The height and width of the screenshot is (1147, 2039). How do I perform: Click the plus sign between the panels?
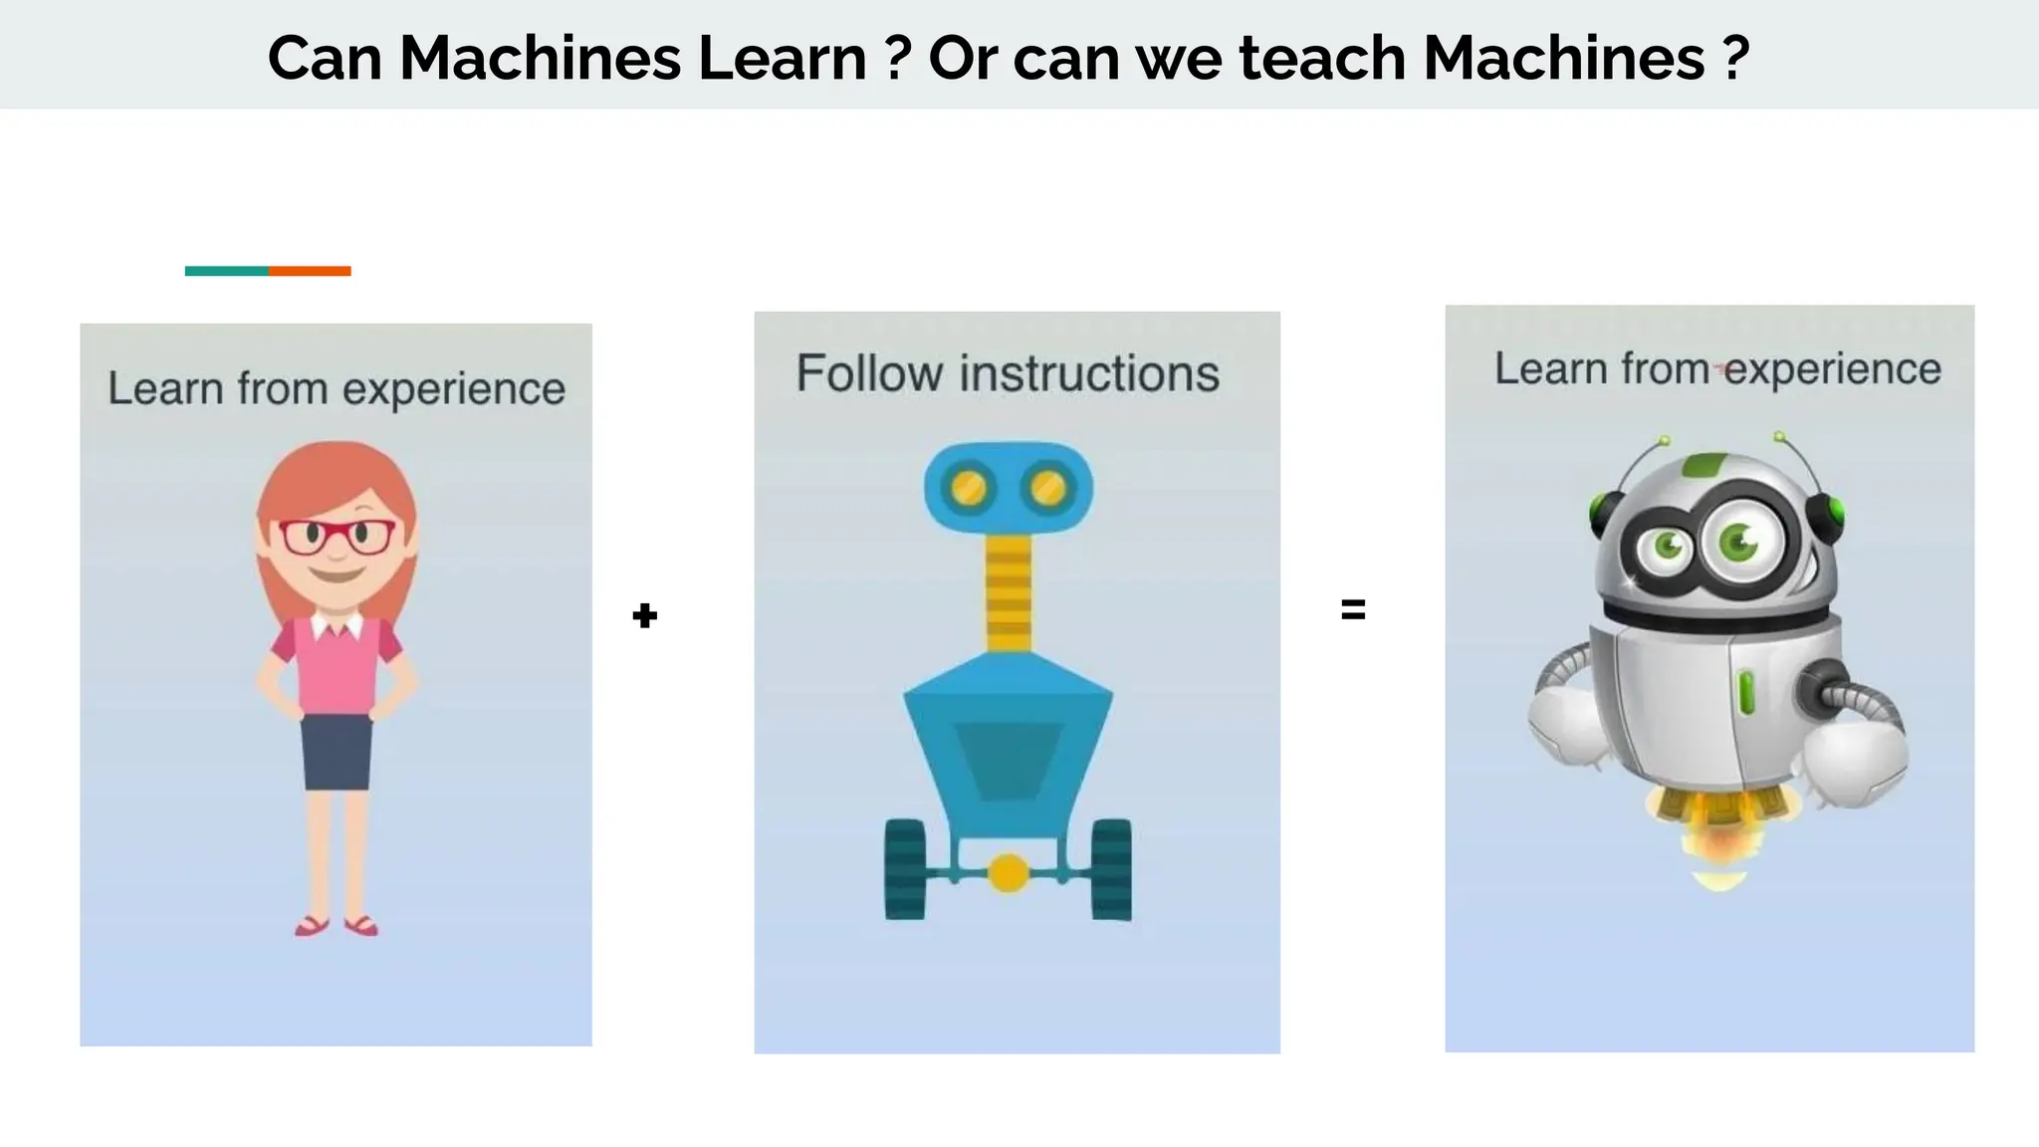pos(645,615)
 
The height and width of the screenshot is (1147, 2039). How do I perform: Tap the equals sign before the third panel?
pos(1353,609)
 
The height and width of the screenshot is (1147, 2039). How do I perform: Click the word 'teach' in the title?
pos(1321,58)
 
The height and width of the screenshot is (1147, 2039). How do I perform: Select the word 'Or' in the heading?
pos(963,58)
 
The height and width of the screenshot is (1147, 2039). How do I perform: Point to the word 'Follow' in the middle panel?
pos(869,374)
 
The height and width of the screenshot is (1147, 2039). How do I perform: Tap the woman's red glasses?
pos(337,537)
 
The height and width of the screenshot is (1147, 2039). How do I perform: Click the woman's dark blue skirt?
pos(337,752)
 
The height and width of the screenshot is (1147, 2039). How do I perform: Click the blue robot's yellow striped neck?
pos(1009,591)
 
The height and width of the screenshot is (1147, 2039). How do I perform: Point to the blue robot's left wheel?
pos(905,869)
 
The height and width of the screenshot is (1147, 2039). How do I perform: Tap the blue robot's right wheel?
pos(1111,869)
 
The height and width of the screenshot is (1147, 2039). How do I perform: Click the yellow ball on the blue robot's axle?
pos(1009,873)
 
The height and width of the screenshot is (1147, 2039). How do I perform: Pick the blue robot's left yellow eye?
pos(969,488)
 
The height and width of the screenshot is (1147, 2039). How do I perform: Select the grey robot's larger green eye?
pos(1740,542)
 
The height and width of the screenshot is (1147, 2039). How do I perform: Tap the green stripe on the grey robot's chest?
pos(1746,693)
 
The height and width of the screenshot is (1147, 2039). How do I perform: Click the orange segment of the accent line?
pos(310,271)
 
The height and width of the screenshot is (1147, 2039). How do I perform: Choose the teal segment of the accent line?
pos(226,271)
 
